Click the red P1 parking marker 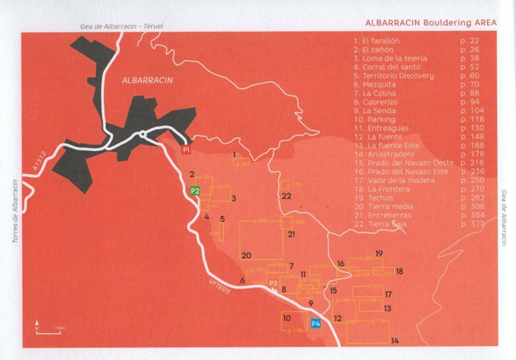186,150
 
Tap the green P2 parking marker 195,190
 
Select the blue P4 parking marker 315,323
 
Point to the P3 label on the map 272,283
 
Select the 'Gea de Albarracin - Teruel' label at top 122,27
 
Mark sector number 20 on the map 246,255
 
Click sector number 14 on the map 395,340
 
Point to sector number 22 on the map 286,196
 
